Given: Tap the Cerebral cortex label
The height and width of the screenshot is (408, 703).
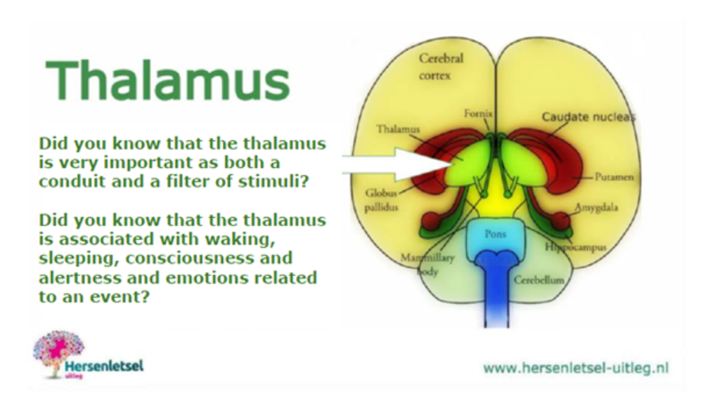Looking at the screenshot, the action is pyautogui.click(x=441, y=67).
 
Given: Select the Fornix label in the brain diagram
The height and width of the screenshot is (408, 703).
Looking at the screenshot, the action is pyautogui.click(x=478, y=114).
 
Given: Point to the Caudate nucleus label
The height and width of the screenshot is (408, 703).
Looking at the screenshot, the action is pyautogui.click(x=588, y=117).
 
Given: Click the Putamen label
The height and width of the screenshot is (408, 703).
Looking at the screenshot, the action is pyautogui.click(x=614, y=177).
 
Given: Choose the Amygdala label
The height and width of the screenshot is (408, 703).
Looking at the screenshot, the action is pyautogui.click(x=596, y=208).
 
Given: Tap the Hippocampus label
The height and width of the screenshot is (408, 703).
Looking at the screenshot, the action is pyautogui.click(x=576, y=246).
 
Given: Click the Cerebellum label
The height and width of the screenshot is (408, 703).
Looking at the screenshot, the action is pyautogui.click(x=539, y=280).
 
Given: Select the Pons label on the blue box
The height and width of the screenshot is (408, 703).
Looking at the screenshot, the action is pyautogui.click(x=495, y=234).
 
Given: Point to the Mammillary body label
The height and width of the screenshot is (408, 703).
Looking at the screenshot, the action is pyautogui.click(x=427, y=264).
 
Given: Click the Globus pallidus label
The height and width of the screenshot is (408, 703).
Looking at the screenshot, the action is pyautogui.click(x=381, y=200).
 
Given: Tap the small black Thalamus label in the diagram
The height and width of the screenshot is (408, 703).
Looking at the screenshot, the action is pyautogui.click(x=398, y=129).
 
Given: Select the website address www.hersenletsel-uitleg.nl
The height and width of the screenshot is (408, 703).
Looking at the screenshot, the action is pyautogui.click(x=576, y=368).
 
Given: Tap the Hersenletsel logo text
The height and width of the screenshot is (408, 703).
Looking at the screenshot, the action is pyautogui.click(x=105, y=367).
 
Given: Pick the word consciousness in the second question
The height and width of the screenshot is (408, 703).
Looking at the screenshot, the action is pyautogui.click(x=209, y=258).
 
